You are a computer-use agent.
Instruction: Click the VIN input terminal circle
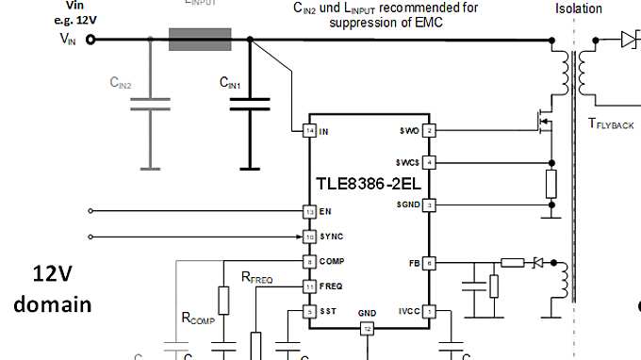coord(90,40)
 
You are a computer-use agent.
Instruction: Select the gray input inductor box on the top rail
coord(200,40)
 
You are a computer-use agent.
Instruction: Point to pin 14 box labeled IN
coord(308,130)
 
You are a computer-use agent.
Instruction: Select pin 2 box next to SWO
coord(429,130)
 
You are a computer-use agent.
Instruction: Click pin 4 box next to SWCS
coord(429,162)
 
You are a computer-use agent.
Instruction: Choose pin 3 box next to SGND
coord(429,205)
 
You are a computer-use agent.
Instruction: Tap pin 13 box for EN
coord(308,211)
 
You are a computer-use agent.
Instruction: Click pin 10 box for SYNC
coord(308,237)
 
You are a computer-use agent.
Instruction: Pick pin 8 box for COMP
coord(308,261)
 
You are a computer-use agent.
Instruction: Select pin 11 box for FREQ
coord(308,286)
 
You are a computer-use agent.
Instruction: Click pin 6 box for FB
coord(429,264)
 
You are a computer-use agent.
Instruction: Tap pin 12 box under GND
coord(368,328)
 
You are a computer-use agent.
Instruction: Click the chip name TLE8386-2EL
coord(369,185)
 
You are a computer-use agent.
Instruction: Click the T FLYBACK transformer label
coord(611,123)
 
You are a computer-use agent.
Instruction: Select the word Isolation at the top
coord(579,8)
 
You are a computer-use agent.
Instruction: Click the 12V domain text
coord(53,289)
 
